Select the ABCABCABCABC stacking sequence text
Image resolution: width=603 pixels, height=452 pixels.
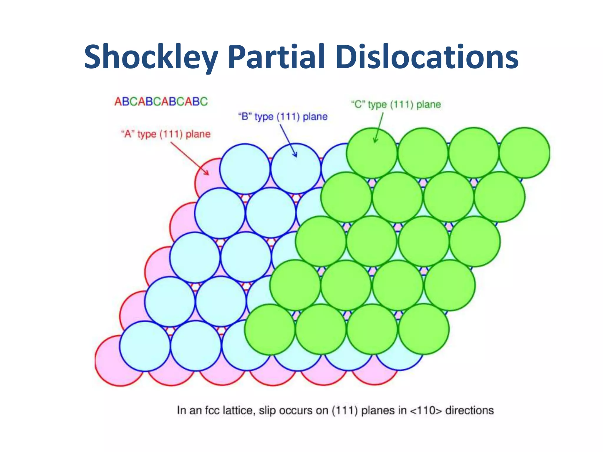161,102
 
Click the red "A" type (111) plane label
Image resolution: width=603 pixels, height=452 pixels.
166,134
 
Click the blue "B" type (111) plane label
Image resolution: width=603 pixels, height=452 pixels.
283,117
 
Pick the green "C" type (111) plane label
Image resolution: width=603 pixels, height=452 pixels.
396,104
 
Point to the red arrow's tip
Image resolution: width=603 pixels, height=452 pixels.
208,175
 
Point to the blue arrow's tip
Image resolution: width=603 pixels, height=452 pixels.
296,157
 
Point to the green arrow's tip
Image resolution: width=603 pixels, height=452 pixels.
375,142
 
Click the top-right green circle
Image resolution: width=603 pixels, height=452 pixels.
525,153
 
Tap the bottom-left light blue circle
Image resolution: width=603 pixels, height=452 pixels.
145,346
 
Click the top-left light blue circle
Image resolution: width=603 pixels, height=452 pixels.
245,169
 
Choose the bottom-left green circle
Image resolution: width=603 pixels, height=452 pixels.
270,329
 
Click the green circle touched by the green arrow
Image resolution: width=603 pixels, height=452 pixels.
372,153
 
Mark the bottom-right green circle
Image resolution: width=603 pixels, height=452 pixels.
424,329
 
